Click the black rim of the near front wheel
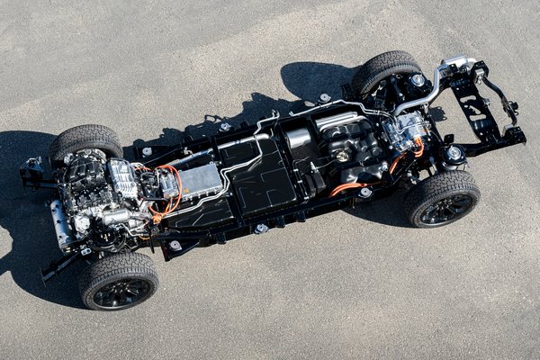122,290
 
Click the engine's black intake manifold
89,176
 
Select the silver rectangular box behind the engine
200,180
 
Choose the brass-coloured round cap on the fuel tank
342,156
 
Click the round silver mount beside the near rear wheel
364,192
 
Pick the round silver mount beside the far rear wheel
324,97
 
